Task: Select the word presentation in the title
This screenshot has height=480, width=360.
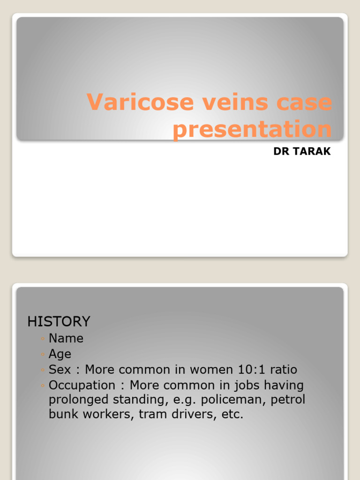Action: coord(252,129)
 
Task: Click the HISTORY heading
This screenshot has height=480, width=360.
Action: coord(59,322)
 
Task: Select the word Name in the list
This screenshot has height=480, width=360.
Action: coord(66,338)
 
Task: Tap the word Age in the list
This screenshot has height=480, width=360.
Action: coord(60,354)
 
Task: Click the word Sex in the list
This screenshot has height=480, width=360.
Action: coord(60,369)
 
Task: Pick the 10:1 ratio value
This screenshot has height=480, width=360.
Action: coord(257,369)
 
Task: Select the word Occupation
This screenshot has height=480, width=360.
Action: coord(82,385)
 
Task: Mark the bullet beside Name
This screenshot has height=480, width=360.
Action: coord(42,339)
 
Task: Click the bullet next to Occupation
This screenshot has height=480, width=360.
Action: coord(42,386)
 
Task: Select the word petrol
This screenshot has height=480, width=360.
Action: coord(287,400)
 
